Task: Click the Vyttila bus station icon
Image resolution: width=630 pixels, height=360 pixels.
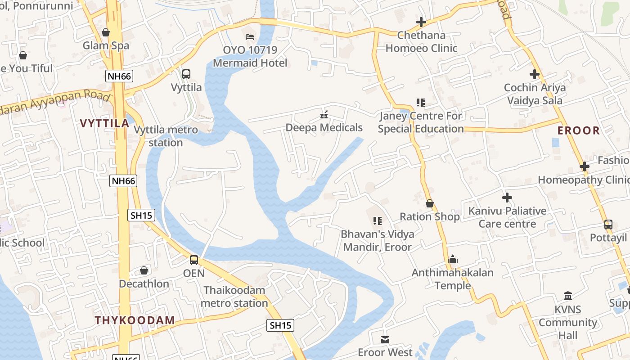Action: coord(186,74)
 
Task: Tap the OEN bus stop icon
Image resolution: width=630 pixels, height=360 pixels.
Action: coord(194,260)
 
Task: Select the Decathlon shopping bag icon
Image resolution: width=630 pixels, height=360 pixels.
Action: coord(144,270)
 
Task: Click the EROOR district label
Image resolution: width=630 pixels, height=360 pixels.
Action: coord(579,130)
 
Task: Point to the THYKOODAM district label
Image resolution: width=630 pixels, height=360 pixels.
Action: coord(135,320)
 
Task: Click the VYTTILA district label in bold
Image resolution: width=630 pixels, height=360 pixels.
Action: coord(104,123)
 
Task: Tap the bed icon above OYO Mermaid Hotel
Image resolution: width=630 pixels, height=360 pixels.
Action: coord(250,36)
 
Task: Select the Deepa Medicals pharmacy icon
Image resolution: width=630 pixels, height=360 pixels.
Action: coord(324,115)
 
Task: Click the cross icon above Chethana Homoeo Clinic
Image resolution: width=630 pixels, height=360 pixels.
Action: coord(421,22)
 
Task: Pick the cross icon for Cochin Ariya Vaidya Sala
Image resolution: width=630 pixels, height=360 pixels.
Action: coord(535,74)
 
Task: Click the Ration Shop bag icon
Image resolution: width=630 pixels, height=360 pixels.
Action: coord(430,203)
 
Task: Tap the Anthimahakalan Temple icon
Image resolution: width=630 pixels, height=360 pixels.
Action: coord(453,260)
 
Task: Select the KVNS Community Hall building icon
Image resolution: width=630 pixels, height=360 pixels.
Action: coord(568,296)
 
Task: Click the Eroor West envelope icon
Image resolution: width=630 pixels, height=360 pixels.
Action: coord(385,339)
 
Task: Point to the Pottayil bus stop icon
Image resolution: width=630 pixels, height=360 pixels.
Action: coord(608,225)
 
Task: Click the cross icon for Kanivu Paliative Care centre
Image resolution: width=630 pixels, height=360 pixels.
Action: coord(507,198)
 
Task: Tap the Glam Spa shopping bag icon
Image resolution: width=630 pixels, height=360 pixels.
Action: coord(106,32)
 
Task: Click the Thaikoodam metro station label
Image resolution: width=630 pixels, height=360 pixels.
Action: coord(234,297)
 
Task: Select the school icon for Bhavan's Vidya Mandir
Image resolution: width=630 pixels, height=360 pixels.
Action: coord(377,221)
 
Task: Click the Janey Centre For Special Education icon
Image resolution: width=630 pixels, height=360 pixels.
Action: coord(420,103)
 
